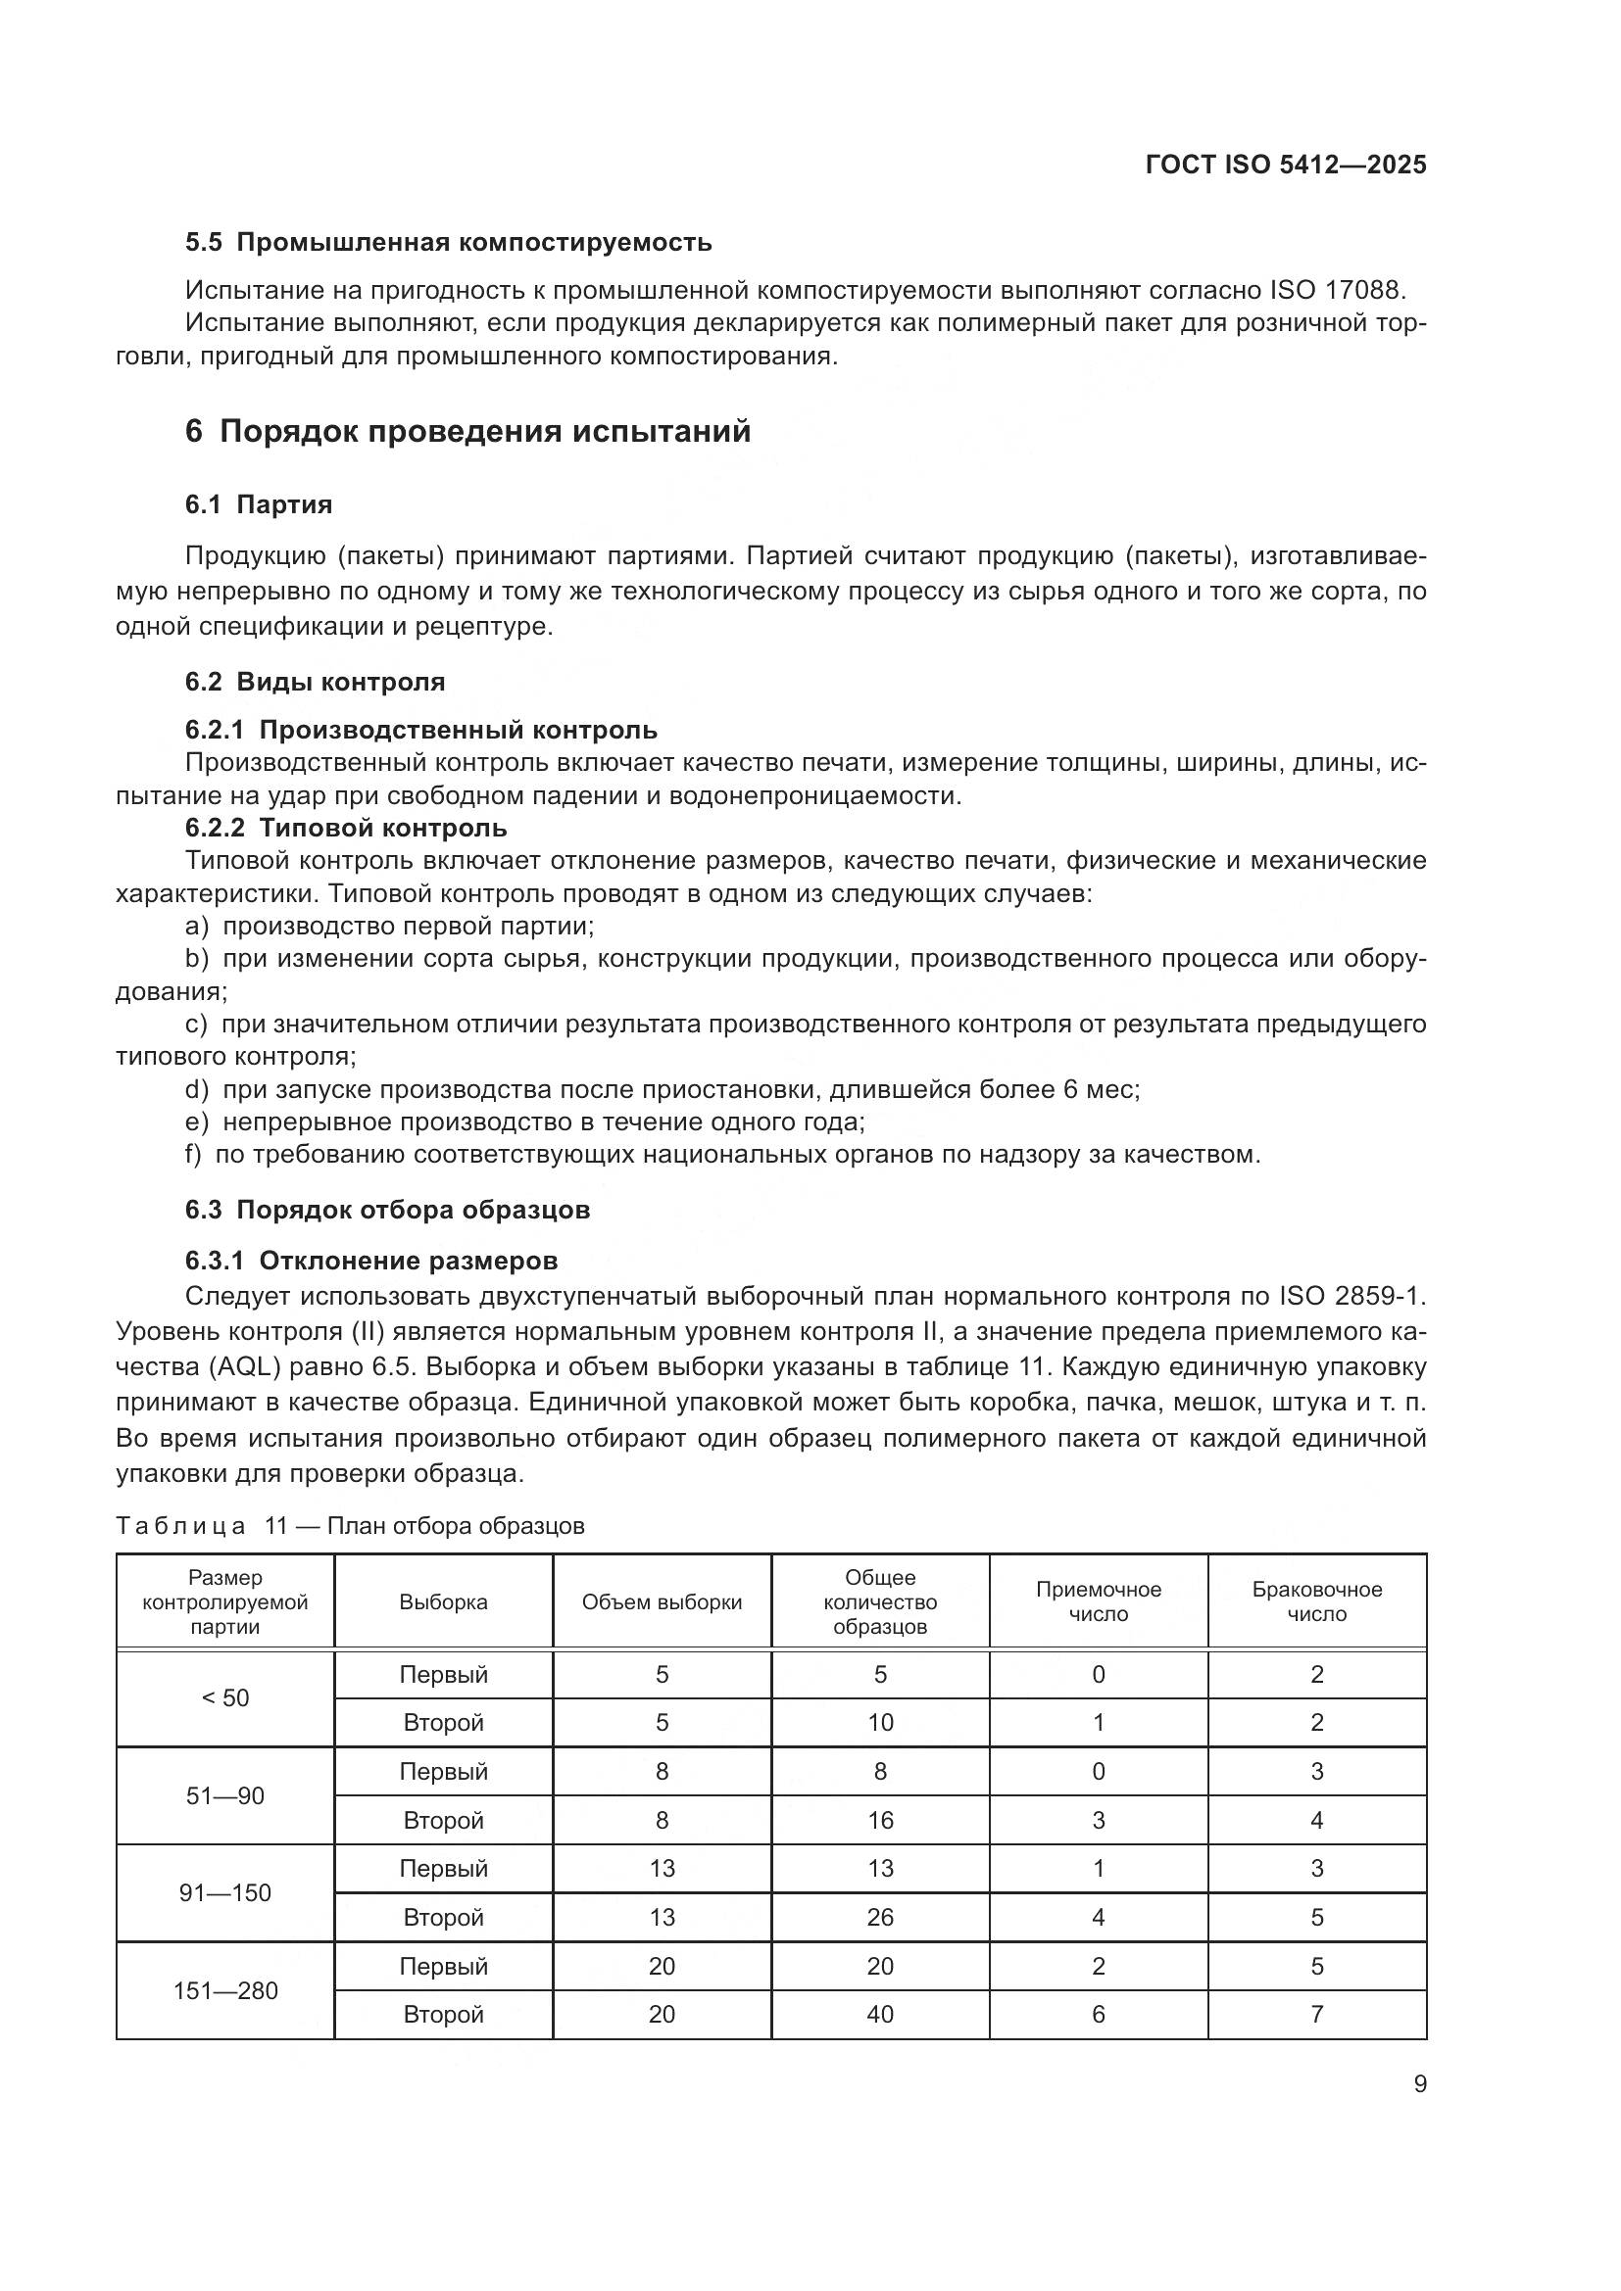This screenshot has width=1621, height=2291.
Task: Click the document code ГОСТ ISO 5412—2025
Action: click(1286, 166)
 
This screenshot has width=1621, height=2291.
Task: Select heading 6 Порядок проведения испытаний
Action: click(467, 432)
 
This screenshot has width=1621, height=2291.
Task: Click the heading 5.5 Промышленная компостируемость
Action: click(448, 243)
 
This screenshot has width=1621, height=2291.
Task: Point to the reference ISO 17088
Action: click(1337, 291)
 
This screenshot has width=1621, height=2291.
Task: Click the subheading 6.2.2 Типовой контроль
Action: click(345, 829)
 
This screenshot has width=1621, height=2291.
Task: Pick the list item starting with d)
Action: click(662, 1089)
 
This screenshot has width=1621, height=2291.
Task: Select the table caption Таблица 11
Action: click(349, 1526)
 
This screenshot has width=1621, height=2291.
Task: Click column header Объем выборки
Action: click(662, 1602)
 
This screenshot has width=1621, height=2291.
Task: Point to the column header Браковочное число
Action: click(1316, 1602)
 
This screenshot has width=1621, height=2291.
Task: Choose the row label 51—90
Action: click(225, 1797)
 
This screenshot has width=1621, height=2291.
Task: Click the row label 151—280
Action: click(225, 1991)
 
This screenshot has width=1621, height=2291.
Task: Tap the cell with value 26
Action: click(879, 1918)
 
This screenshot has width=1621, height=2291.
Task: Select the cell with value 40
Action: click(879, 2015)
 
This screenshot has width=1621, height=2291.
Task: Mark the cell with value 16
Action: click(879, 1821)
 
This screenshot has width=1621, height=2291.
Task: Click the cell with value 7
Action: click(1316, 2015)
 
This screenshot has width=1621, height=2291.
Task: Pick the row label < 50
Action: click(225, 1699)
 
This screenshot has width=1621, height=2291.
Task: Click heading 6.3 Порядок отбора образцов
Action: click(387, 1211)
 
